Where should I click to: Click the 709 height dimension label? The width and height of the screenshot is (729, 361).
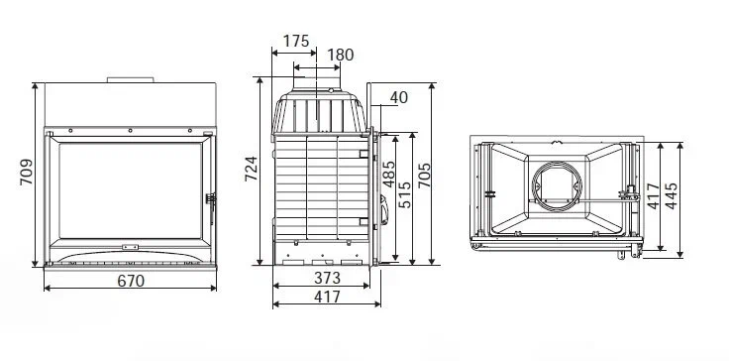(x=27, y=172)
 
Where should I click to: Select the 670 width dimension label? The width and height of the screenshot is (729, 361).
(x=131, y=281)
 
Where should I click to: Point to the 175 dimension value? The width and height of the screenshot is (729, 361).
(x=296, y=41)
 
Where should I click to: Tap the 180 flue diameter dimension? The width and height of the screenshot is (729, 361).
(x=341, y=55)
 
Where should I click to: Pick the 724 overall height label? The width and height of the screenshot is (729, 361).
(x=251, y=169)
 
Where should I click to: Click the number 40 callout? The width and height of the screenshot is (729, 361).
(x=399, y=98)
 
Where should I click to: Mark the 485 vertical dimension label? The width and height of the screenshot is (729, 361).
(x=388, y=174)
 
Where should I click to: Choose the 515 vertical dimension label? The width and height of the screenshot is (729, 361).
(x=404, y=194)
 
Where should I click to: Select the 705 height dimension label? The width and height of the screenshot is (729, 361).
(x=424, y=176)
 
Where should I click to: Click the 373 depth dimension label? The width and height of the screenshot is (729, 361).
(x=327, y=278)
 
